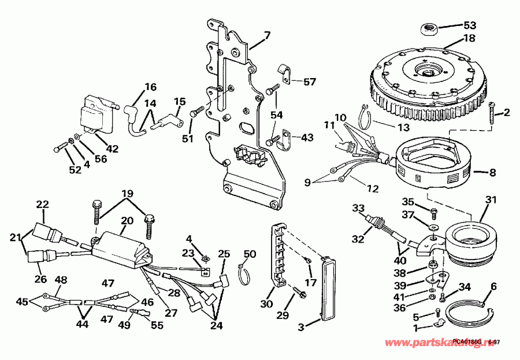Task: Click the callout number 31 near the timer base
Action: pos(491,200)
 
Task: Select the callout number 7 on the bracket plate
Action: pos(267,36)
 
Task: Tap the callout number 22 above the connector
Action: pos(43,204)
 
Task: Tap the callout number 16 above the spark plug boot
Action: pos(150,87)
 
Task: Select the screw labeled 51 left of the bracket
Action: pos(196,110)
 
